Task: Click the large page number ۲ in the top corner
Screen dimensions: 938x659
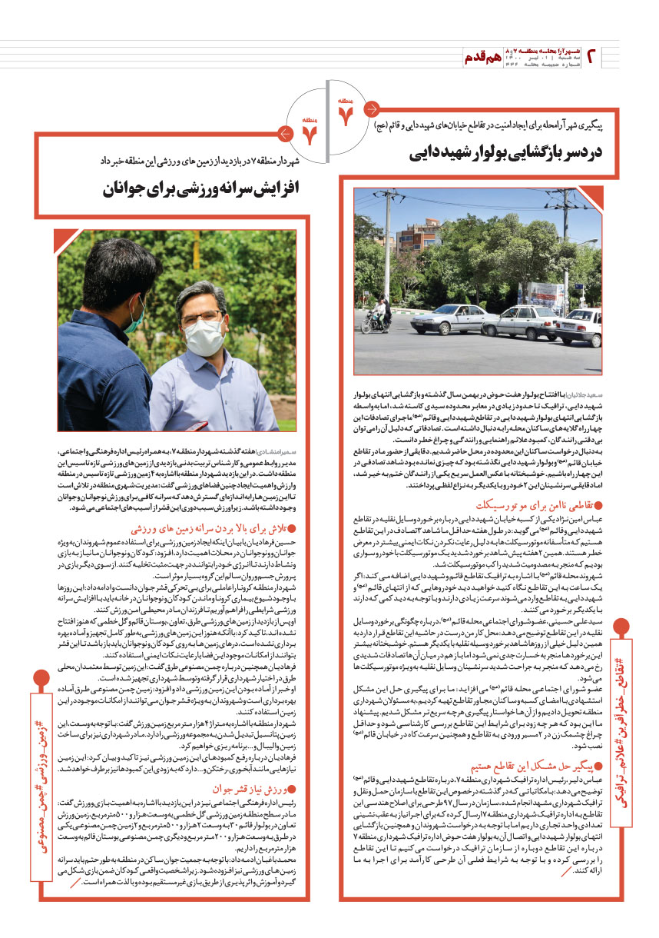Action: pos(593,55)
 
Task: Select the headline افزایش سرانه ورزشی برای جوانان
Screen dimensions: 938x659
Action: pos(211,188)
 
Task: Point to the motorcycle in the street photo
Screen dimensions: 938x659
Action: pos(379,318)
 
